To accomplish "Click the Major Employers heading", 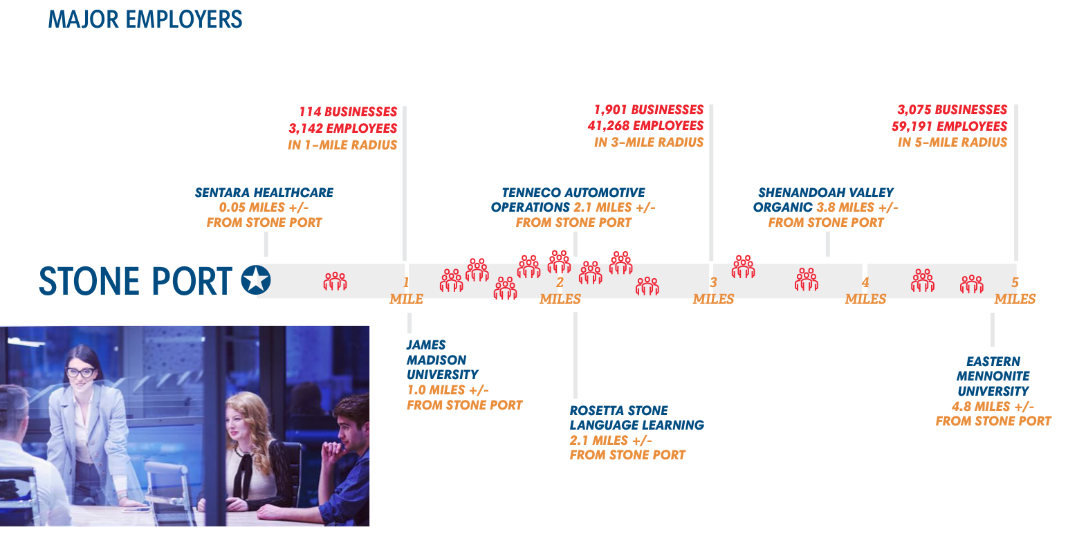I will [x=145, y=19].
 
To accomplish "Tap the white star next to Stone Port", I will [x=256, y=280].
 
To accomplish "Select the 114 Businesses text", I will [x=348, y=111].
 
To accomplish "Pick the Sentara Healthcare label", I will [x=264, y=193].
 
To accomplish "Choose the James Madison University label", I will [x=436, y=360].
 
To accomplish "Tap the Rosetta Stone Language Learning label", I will [x=636, y=418].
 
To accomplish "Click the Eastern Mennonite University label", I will [x=993, y=376].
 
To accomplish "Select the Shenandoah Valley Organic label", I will [x=825, y=200].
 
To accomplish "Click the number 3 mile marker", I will [x=713, y=282].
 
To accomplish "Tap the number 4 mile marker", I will [x=865, y=282].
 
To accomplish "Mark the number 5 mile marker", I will [x=1015, y=282].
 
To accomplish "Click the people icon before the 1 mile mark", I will [x=335, y=281].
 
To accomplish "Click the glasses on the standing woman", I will [x=82, y=372].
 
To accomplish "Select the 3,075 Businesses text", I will [x=952, y=110].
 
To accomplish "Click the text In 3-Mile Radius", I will [x=648, y=143].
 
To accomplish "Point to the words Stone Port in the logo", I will [x=136, y=281].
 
